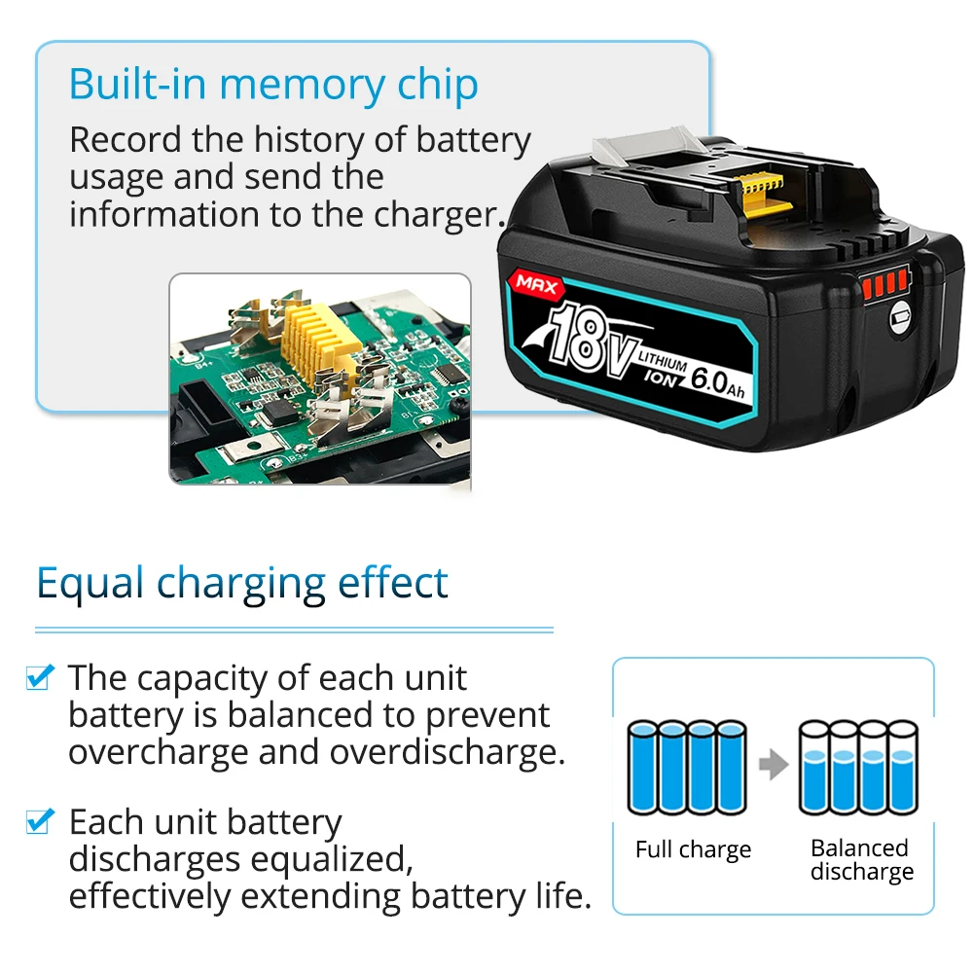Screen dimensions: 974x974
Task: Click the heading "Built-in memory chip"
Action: click(273, 86)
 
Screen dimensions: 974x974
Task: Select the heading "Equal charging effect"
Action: click(242, 583)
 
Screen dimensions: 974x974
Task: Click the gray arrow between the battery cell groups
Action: click(773, 765)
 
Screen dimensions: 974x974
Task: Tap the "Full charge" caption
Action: click(693, 849)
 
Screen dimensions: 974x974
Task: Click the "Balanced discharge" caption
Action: click(861, 859)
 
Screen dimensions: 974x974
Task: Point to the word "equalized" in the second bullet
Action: click(326, 859)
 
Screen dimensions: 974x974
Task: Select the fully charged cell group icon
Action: click(687, 767)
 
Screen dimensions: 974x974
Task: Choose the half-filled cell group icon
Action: click(858, 767)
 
